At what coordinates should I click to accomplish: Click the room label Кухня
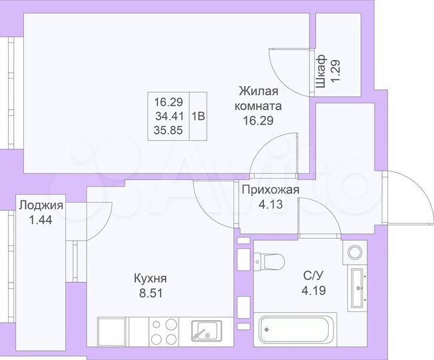(150, 279)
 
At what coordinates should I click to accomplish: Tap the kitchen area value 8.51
(150, 291)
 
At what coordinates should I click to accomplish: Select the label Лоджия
(41, 205)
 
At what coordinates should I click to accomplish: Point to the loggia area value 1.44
(41, 218)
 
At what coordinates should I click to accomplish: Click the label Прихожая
(270, 191)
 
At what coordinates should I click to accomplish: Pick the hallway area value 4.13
(270, 203)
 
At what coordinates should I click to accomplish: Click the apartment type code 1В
(198, 115)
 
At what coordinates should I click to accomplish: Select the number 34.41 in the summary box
(168, 115)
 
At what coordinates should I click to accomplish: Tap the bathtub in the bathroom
(297, 329)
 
